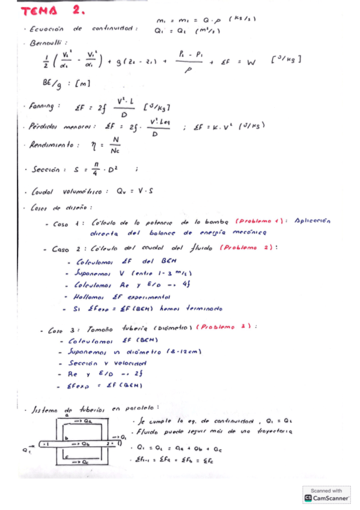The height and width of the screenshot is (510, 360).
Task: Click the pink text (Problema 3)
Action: click(x=227, y=327)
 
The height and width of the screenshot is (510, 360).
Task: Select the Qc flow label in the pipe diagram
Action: click(x=85, y=462)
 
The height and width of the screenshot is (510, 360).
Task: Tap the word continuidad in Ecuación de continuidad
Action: click(x=115, y=29)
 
